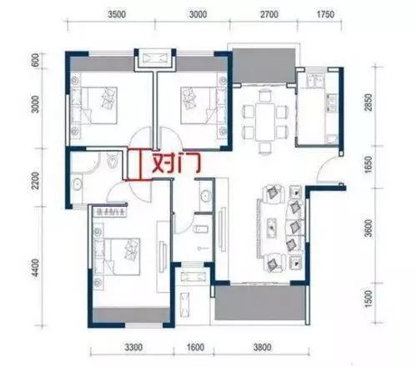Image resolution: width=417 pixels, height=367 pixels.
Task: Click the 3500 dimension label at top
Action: pyautogui.click(x=117, y=14)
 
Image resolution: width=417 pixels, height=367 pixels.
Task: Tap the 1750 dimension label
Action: pyautogui.click(x=325, y=14)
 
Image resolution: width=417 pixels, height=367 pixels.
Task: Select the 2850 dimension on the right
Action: pyautogui.click(x=369, y=103)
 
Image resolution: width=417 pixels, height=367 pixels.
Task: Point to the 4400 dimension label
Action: pyautogui.click(x=36, y=268)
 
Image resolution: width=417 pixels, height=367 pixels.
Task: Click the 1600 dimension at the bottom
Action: pyautogui.click(x=195, y=347)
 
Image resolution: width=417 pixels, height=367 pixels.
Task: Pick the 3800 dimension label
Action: pyautogui.click(x=262, y=347)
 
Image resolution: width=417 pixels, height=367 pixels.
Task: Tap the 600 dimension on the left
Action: pyautogui.click(x=36, y=60)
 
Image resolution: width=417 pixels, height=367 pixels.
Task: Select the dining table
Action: pyautogui.click(x=265, y=122)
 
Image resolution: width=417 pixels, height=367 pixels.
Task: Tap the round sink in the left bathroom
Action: pyautogui.click(x=76, y=183)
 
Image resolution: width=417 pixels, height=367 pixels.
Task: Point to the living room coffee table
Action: pyautogui.click(x=272, y=228)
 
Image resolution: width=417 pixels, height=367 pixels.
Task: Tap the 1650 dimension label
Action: pyautogui.click(x=369, y=164)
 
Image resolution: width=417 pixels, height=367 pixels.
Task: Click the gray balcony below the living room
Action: pyautogui.click(x=260, y=303)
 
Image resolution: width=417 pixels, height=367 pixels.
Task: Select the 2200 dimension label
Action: pyautogui.click(x=36, y=180)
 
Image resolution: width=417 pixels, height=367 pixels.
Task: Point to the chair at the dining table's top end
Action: pyautogui.click(x=265, y=95)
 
